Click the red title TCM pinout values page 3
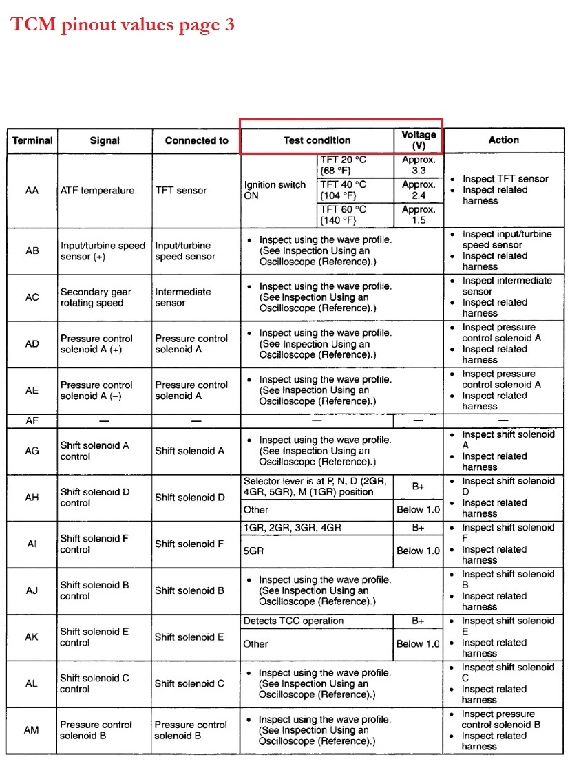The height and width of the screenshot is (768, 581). click(x=123, y=25)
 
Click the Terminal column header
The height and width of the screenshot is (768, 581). click(x=32, y=140)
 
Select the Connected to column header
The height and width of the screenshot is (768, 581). click(x=196, y=140)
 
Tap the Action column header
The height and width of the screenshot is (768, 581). click(x=503, y=140)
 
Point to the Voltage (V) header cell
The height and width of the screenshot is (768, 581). click(x=419, y=140)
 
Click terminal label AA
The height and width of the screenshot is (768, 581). click(x=32, y=191)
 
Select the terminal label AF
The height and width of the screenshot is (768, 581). click(x=32, y=420)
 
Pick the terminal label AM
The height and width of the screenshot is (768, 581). click(x=32, y=730)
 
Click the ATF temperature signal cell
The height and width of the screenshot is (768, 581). click(x=97, y=191)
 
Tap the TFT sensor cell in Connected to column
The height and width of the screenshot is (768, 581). click(x=182, y=191)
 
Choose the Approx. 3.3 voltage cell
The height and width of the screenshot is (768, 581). click(x=419, y=165)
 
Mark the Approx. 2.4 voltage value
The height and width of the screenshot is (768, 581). click(x=419, y=190)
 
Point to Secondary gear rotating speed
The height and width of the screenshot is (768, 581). click(x=96, y=297)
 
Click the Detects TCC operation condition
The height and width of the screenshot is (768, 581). click(x=293, y=621)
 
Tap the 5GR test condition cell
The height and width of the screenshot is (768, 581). click(x=253, y=551)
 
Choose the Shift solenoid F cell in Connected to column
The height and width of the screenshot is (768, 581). click(x=189, y=544)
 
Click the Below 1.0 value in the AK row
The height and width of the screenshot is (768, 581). click(x=418, y=644)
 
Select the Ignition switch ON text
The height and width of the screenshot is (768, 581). click(x=275, y=190)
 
